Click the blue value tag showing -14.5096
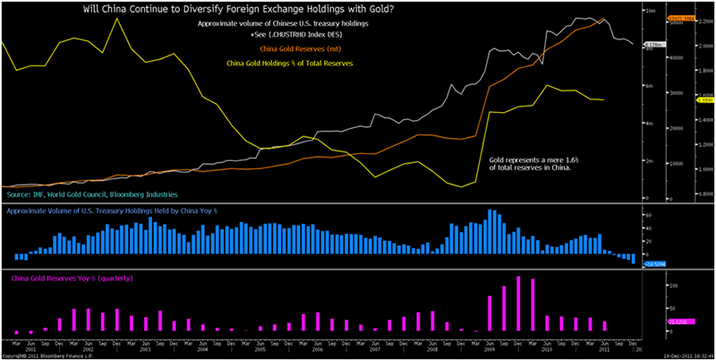[655, 264]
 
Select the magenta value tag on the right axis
[654, 320]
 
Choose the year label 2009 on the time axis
[497, 348]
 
